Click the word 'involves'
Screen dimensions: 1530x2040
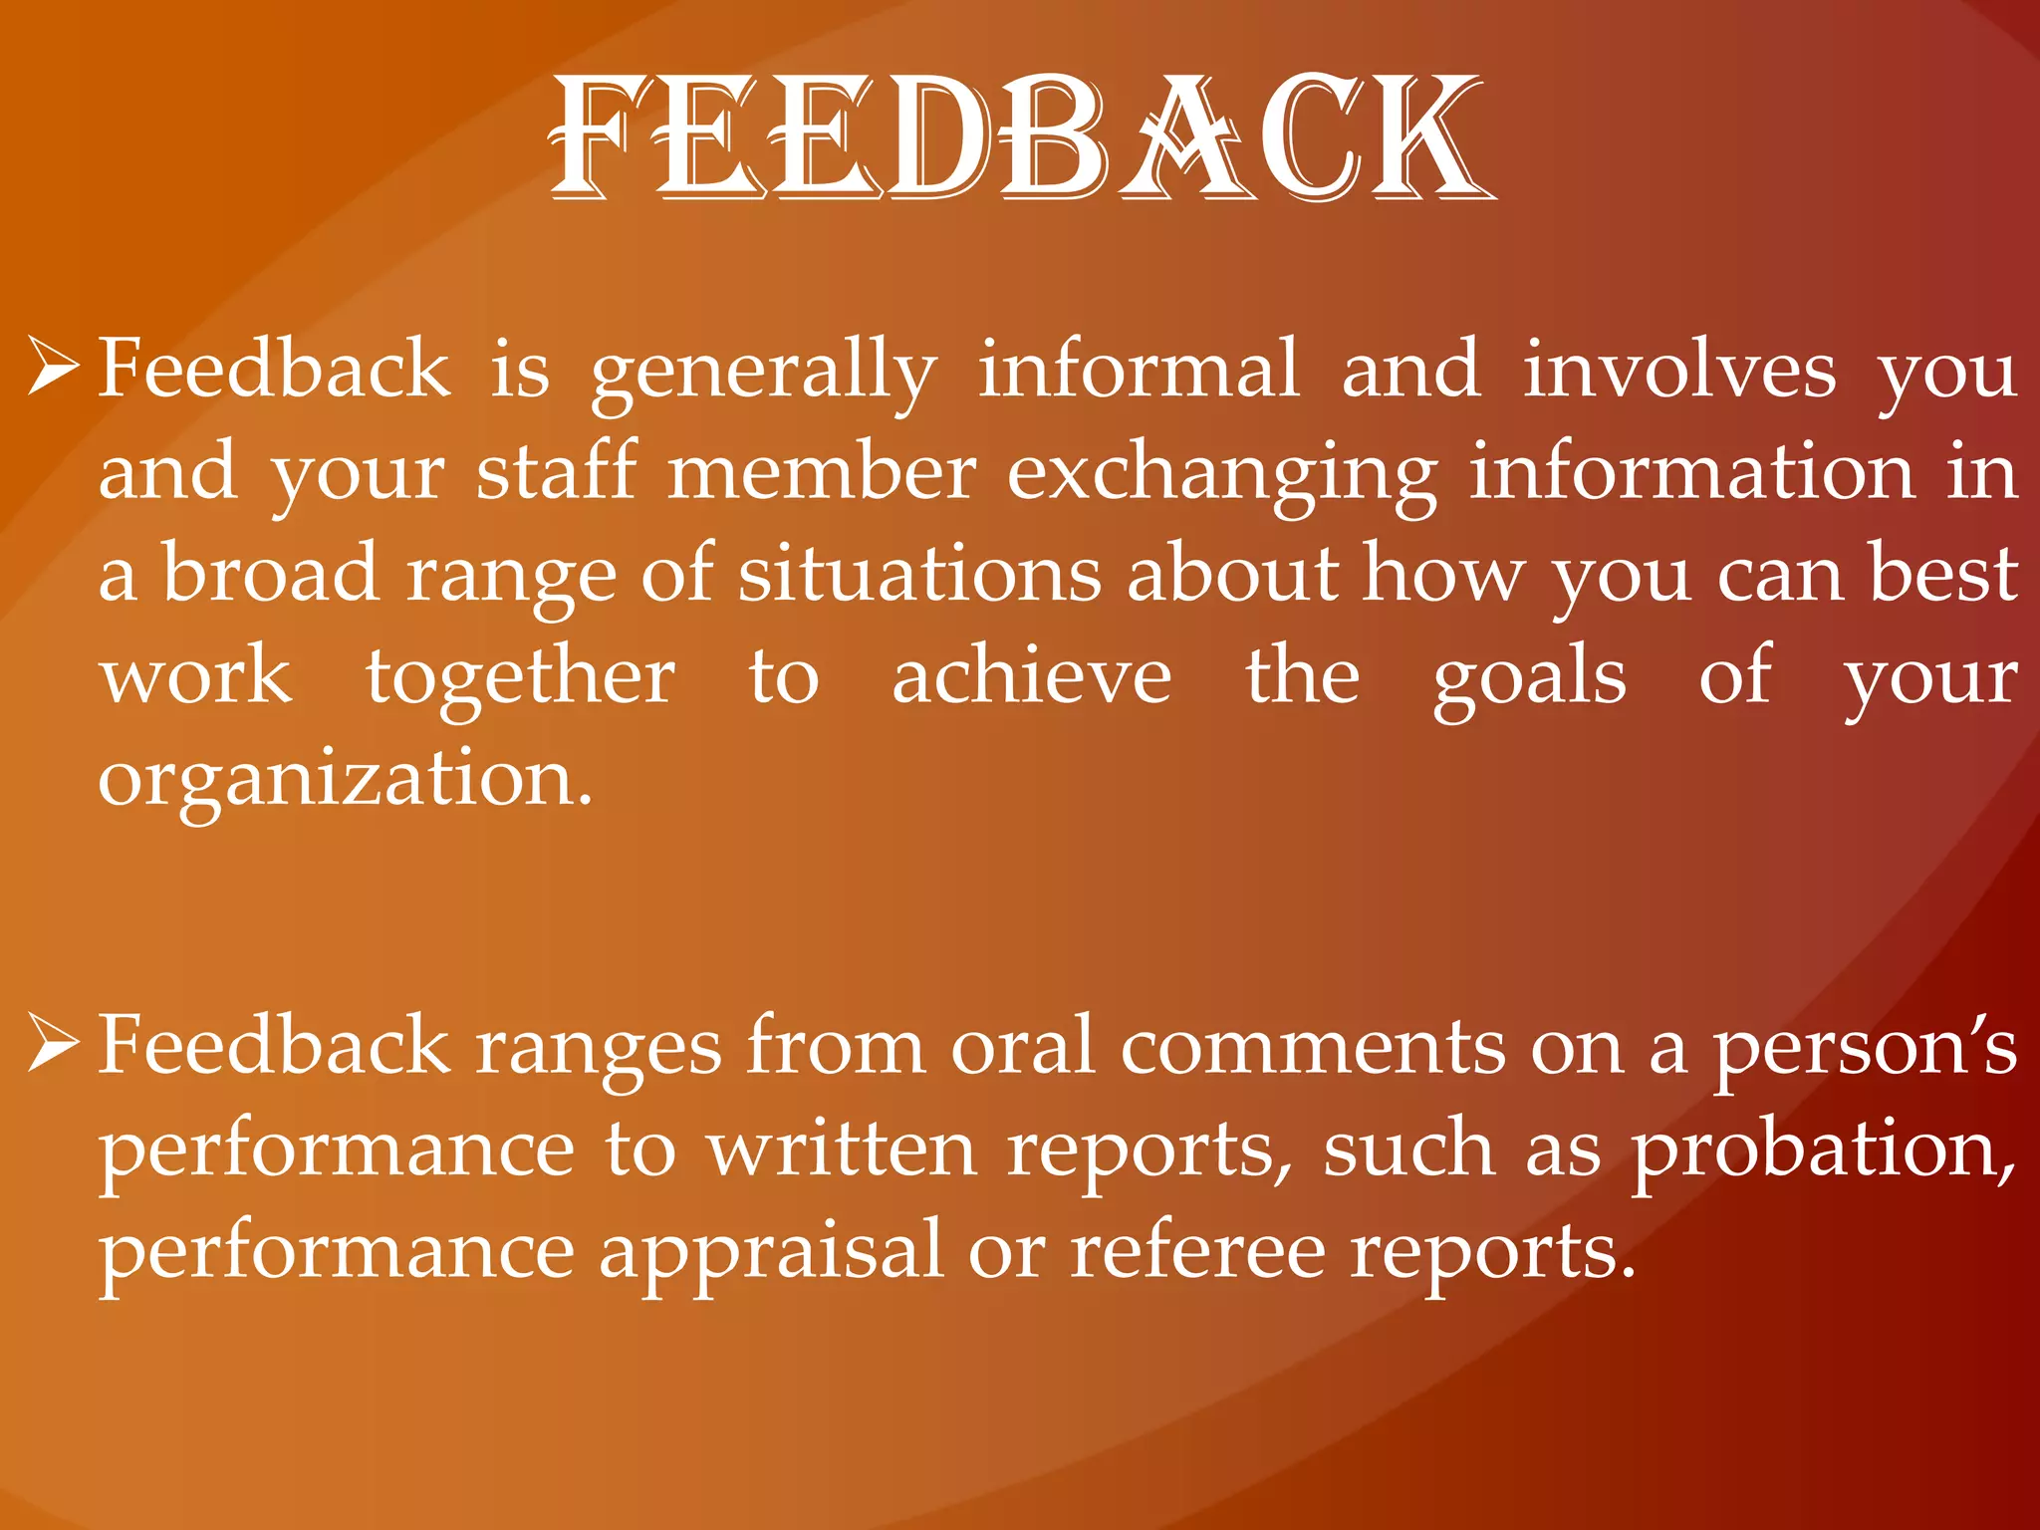click(x=1679, y=371)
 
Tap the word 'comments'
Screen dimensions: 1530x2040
click(x=1313, y=1048)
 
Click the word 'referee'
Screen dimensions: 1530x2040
click(x=1197, y=1251)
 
